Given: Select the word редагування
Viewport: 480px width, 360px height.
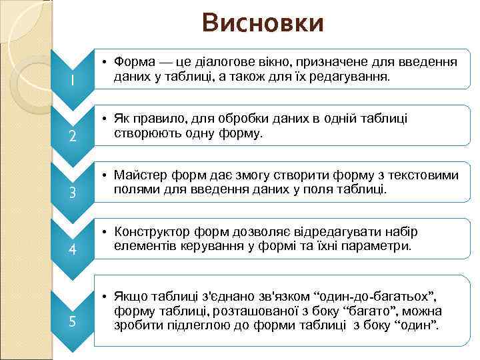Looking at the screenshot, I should [x=354, y=77].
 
